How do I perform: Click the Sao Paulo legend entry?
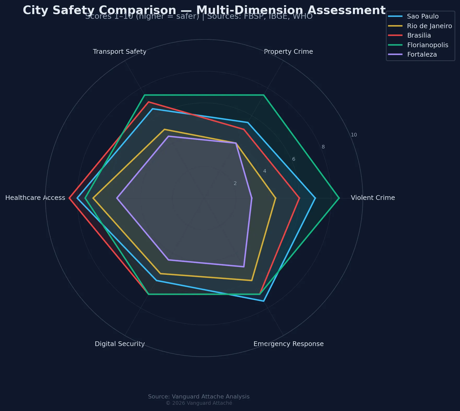pyautogui.click(x=422, y=16)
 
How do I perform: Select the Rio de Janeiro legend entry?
pyautogui.click(x=429, y=26)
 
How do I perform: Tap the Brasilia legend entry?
pyautogui.click(x=419, y=35)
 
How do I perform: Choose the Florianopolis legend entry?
pyautogui.click(x=427, y=45)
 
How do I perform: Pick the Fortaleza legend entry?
pyautogui.click(x=422, y=55)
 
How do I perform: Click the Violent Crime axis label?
pyautogui.click(x=373, y=198)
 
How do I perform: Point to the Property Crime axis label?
pyautogui.click(x=288, y=52)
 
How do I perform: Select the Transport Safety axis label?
pyautogui.click(x=119, y=52)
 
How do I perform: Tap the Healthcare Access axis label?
pyautogui.click(x=35, y=198)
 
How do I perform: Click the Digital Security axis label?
pyautogui.click(x=120, y=344)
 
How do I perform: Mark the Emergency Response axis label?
pyautogui.click(x=288, y=344)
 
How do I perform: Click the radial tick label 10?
pyautogui.click(x=353, y=135)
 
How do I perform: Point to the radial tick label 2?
pyautogui.click(x=235, y=183)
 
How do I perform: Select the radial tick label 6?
pyautogui.click(x=293, y=159)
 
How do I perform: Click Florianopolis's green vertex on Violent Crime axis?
pyautogui.click(x=339, y=198)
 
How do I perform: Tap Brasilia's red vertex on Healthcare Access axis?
pyautogui.click(x=69, y=198)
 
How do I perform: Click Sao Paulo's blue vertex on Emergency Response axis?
pyautogui.click(x=264, y=301)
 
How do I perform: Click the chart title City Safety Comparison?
pyautogui.click(x=204, y=10)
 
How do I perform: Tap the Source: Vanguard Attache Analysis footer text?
pyautogui.click(x=199, y=397)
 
